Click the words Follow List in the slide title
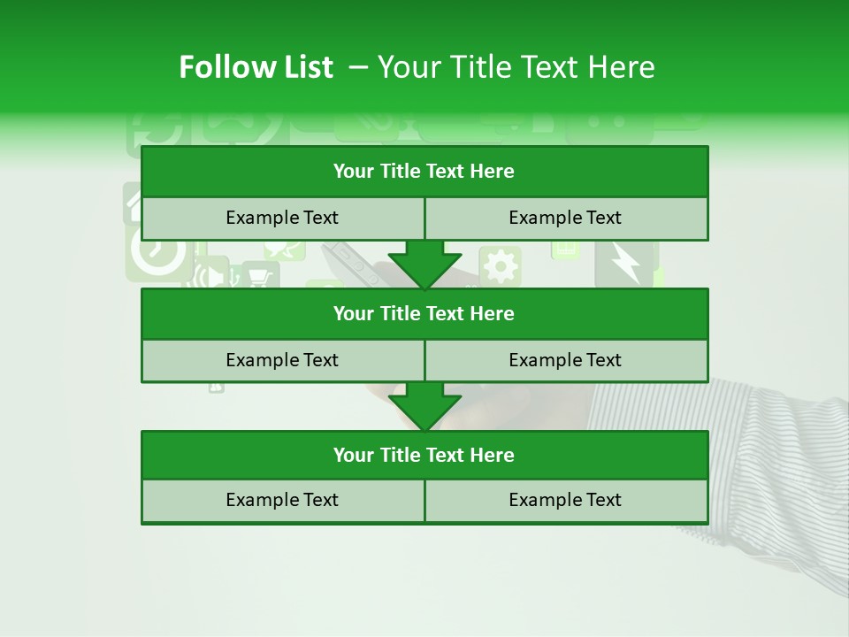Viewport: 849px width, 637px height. pos(256,67)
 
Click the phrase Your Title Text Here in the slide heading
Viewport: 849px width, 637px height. pos(516,67)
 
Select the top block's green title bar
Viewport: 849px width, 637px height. pos(424,172)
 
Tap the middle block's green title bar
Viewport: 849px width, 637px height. pos(424,313)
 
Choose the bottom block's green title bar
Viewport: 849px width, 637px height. pos(424,455)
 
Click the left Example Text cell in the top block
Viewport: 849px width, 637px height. pos(282,218)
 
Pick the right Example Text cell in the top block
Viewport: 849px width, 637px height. pos(565,218)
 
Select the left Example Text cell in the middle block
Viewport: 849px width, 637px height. pos(282,360)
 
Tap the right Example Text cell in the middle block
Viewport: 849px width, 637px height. pos(565,360)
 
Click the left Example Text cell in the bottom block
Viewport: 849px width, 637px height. pos(282,500)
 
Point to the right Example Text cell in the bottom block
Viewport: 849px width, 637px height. pos(565,500)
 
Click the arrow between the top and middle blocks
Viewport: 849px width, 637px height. pos(424,264)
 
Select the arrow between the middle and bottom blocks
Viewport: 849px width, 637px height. pos(424,405)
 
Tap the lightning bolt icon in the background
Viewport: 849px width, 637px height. pos(625,264)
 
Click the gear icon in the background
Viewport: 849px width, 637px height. pos(501,265)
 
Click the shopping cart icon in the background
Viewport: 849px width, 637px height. pos(259,277)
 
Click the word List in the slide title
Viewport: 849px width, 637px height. pos(304,67)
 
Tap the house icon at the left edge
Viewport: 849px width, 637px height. pos(133,205)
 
